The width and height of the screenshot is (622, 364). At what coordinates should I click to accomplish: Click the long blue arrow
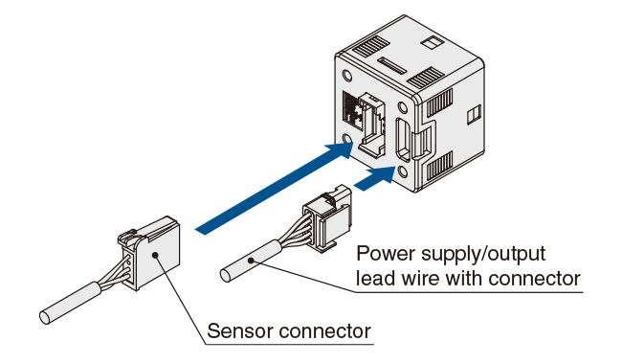coord(274,189)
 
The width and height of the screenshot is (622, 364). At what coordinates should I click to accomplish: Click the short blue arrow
coord(375,178)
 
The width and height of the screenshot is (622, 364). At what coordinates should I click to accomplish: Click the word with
coord(463,278)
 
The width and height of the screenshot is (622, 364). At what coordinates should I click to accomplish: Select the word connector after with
coord(534,278)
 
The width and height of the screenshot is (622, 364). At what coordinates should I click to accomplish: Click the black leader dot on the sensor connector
coord(155,255)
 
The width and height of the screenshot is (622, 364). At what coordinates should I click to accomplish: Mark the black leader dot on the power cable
coord(251,261)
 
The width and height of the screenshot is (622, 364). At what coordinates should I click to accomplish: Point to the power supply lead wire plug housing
coord(328,217)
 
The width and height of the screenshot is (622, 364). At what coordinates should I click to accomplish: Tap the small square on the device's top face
coord(431,42)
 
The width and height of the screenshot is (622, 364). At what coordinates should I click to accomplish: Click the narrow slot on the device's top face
coord(392,66)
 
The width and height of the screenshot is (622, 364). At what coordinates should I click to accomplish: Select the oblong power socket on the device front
coord(404,139)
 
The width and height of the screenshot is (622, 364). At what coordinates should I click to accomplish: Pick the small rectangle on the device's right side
coord(474,115)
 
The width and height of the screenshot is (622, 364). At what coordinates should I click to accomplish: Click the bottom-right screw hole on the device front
coord(403,171)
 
